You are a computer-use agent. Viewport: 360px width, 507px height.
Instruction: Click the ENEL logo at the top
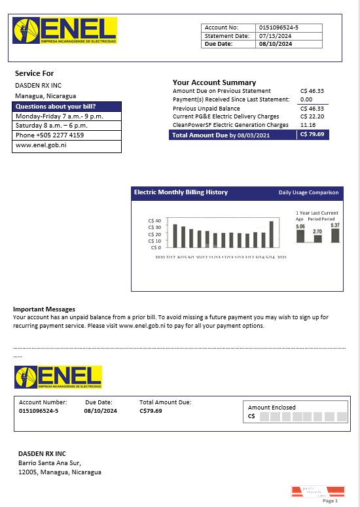65,31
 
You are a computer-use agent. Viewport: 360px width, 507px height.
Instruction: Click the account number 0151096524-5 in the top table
279,27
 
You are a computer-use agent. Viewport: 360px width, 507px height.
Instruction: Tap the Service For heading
34,73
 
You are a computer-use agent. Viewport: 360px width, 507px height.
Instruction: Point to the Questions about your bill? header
56,107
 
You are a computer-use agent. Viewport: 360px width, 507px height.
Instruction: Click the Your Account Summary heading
214,82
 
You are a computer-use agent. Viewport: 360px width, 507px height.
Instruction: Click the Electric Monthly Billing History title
181,192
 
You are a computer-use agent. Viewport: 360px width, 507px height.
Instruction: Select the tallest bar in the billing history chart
271,234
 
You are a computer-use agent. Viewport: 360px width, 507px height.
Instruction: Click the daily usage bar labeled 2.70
317,239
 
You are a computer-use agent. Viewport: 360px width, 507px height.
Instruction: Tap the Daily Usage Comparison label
309,193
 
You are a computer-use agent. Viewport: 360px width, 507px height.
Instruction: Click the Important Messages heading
44,309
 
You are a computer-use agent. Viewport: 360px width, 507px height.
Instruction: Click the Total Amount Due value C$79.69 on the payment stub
151,411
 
